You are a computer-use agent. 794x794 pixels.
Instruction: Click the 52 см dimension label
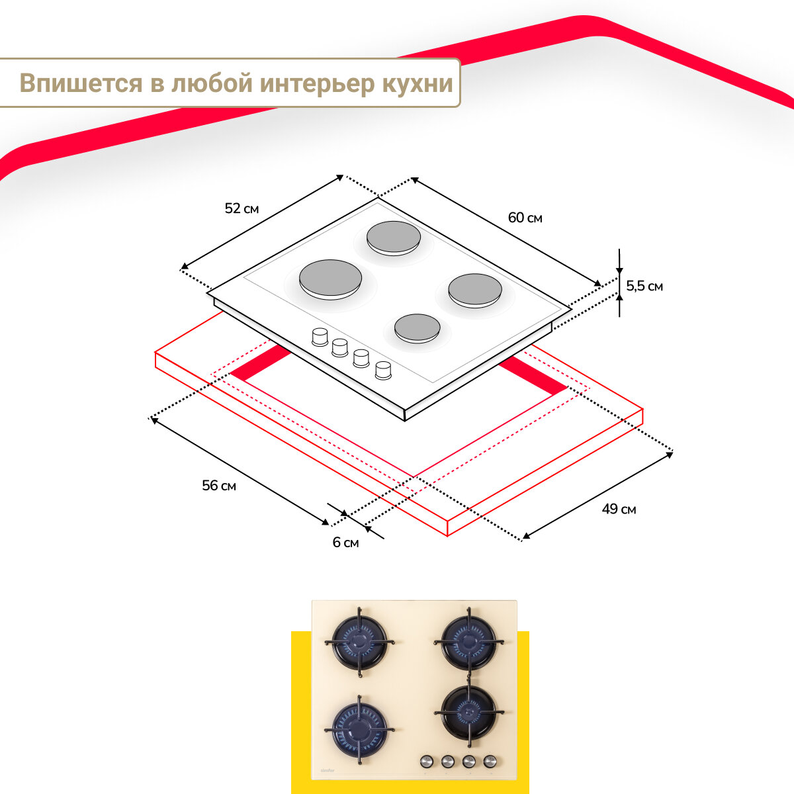(242, 208)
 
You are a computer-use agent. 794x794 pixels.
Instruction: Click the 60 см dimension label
(525, 218)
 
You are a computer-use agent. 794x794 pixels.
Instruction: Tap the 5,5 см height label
(644, 286)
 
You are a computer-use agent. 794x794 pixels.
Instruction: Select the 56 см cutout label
(219, 486)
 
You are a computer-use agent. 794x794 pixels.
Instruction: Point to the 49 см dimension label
(619, 509)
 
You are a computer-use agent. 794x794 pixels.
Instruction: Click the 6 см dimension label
(345, 543)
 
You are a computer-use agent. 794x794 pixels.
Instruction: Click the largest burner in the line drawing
(331, 279)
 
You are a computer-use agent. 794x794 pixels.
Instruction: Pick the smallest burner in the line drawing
(418, 328)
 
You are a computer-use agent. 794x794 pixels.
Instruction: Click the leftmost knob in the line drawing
(320, 336)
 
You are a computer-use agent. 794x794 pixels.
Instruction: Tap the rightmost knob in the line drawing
(383, 371)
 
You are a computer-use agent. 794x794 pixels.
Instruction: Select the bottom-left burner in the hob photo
(360, 728)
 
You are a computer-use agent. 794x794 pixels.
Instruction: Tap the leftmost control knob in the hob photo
(427, 761)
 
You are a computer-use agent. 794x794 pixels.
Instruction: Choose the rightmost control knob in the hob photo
(490, 761)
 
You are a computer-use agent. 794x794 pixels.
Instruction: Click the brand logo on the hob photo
(327, 770)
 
